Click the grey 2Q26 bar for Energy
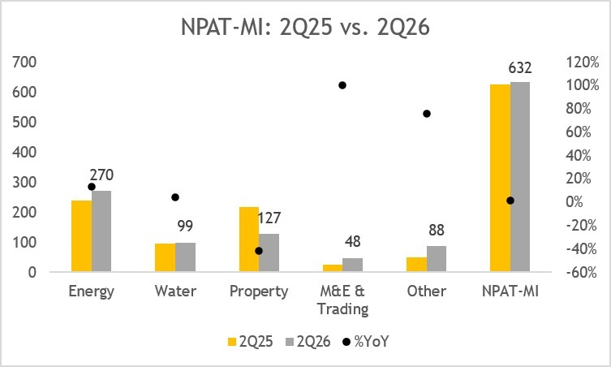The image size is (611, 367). (101, 231)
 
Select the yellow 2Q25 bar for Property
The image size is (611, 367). (249, 239)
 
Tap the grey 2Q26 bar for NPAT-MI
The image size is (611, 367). (520, 177)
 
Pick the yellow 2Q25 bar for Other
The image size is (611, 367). (416, 265)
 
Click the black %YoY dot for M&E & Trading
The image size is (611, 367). (342, 85)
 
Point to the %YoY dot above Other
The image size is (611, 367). (427, 114)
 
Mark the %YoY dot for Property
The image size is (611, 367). (259, 251)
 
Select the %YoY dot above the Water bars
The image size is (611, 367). (175, 197)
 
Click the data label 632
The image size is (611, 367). (520, 68)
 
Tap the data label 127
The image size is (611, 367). (269, 218)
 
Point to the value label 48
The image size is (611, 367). (353, 242)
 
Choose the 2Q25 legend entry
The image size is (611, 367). (250, 342)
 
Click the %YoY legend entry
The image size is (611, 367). (365, 342)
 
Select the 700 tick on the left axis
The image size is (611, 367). (24, 62)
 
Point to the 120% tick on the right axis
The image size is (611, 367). (583, 62)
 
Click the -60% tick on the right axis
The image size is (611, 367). (582, 272)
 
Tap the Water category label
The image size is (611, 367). (175, 291)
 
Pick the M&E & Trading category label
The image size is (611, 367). (342, 300)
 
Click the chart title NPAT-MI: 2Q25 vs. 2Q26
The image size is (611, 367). (305, 28)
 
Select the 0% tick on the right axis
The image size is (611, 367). (574, 202)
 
